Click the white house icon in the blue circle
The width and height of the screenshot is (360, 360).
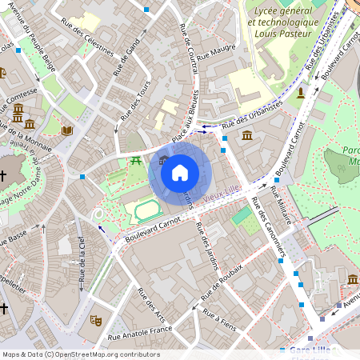pos(180,172)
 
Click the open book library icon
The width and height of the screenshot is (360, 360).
pos(67,130)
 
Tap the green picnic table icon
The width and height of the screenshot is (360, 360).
pos(136,161)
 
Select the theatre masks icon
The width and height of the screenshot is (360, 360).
pos(96,320)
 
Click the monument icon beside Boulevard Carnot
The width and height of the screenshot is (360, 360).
pos(301,94)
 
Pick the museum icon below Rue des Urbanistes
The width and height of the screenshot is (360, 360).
pos(247,137)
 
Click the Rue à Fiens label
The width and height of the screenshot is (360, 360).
pos(219,318)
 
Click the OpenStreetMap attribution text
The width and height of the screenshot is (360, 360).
pos(81,354)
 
